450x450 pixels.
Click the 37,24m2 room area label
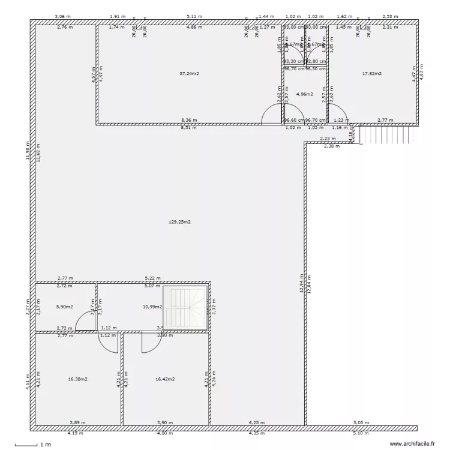[x=189, y=74]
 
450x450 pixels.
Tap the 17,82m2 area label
[x=371, y=74]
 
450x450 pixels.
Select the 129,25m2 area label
[x=180, y=222]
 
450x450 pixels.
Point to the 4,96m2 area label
[x=305, y=94]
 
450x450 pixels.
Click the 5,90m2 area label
[x=64, y=307]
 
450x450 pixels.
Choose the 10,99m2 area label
[x=152, y=307]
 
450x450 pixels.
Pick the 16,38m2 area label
[x=78, y=379]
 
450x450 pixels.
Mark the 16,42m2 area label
[x=165, y=379]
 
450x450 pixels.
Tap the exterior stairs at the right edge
[x=384, y=135]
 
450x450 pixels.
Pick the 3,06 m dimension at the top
[x=60, y=17]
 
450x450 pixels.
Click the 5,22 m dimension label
[x=152, y=278]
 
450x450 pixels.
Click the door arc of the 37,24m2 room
[x=271, y=114]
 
